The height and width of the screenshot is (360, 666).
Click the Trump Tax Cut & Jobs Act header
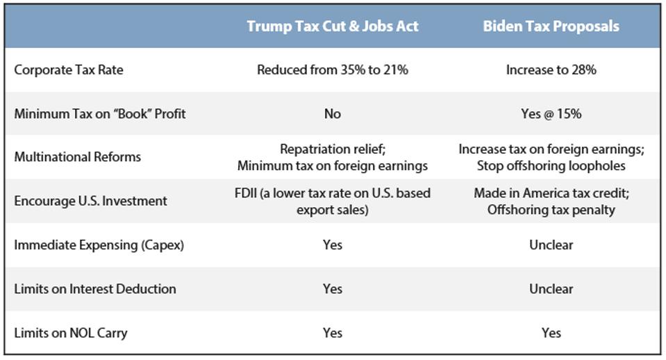(332, 27)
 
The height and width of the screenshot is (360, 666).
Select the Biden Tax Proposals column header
(551, 27)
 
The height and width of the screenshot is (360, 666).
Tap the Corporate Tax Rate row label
(69, 70)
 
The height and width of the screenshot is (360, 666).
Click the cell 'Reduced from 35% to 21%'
(332, 70)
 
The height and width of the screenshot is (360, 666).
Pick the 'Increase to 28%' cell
(551, 70)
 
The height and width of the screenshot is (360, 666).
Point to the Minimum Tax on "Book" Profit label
(99, 114)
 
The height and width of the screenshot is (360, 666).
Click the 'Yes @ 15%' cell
(551, 114)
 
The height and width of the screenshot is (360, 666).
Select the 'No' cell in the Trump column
(332, 114)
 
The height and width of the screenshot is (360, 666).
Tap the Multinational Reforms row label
(77, 157)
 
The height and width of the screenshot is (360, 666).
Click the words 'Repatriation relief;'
(332, 149)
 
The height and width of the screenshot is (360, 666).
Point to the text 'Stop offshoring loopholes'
(551, 166)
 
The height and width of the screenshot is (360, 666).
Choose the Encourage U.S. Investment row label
(90, 201)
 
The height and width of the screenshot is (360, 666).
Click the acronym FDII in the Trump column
(247, 193)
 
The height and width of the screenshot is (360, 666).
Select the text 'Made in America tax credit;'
(551, 193)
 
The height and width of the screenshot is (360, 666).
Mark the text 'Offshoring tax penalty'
(551, 210)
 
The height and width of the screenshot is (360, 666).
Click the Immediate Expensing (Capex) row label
(99, 245)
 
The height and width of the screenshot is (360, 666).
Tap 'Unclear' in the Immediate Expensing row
(551, 245)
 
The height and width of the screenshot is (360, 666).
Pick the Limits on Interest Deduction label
(95, 289)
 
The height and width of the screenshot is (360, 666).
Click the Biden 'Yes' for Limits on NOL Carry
(551, 333)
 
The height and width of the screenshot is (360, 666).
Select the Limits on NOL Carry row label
(71, 333)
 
